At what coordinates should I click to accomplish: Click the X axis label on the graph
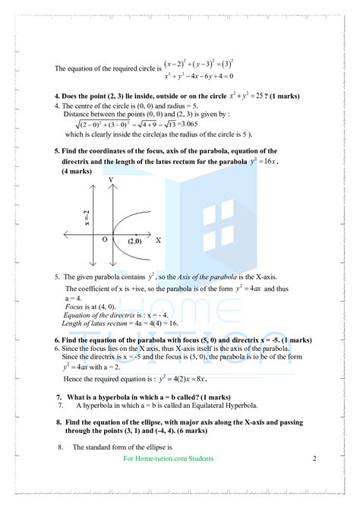point(159,239)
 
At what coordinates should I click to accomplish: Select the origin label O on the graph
point(105,239)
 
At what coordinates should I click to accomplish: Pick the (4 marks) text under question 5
point(77,171)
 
